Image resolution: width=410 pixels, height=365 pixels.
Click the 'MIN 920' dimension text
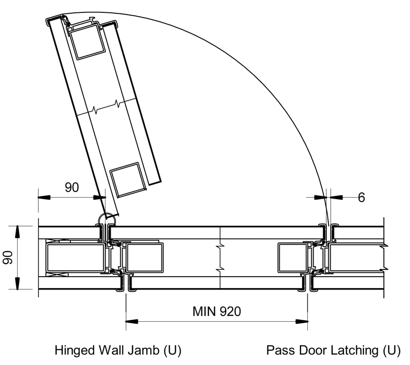(x=217, y=312)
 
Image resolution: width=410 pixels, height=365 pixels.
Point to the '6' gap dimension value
(x=361, y=197)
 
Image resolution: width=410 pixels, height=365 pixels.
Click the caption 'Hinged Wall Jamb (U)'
(x=118, y=351)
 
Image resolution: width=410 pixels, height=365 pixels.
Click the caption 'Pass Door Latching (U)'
(x=333, y=351)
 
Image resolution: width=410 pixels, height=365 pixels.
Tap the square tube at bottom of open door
(x=127, y=180)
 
